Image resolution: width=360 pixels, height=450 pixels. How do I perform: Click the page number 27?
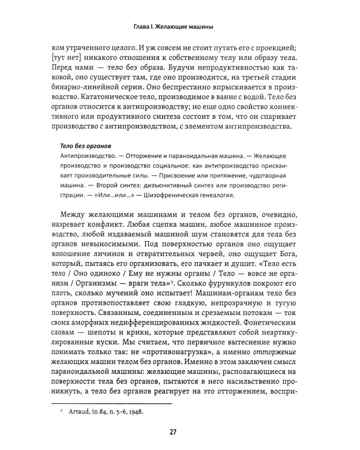(179, 431)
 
